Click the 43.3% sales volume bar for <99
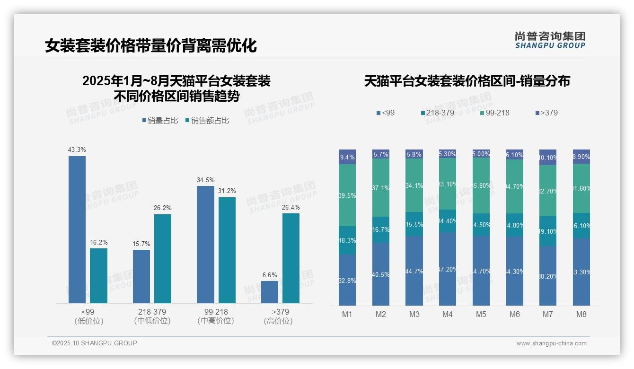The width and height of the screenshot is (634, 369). point(77,229)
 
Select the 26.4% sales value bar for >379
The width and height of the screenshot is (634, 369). point(291,258)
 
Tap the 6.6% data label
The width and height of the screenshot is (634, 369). point(270,275)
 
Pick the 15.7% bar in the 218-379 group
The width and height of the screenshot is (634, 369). point(141,276)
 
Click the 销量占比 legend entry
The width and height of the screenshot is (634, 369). point(160,121)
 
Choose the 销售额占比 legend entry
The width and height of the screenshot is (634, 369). point(207,121)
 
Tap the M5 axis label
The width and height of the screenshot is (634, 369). point(481,314)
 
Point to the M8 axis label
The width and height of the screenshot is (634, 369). point(581,314)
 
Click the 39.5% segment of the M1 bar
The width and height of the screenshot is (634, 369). point(347,195)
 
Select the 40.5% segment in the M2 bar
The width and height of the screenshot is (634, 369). point(381,274)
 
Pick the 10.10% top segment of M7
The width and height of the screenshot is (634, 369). point(548,157)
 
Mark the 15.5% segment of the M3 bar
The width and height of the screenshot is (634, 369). point(414,224)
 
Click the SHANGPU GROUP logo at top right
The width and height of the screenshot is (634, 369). point(550,40)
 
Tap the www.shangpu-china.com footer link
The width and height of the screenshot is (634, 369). point(551,343)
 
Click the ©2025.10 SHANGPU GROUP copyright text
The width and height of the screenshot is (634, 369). point(95,343)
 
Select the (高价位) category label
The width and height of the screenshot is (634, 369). point(278,321)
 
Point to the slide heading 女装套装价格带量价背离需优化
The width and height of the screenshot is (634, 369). point(151,46)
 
